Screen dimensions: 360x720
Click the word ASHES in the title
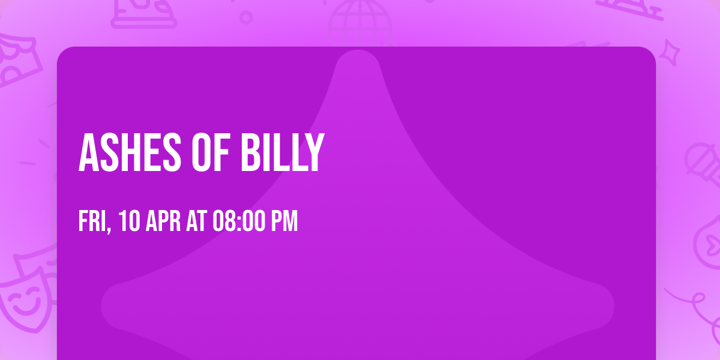click(125, 153)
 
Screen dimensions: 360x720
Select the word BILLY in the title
click(282, 153)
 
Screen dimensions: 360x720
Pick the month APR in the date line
click(162, 221)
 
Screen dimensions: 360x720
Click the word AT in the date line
click(197, 221)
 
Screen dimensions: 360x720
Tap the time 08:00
click(239, 221)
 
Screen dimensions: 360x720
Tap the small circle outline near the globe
click(246, 17)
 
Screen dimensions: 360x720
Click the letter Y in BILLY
click(314, 153)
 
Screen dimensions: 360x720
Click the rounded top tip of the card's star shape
click(358, 60)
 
